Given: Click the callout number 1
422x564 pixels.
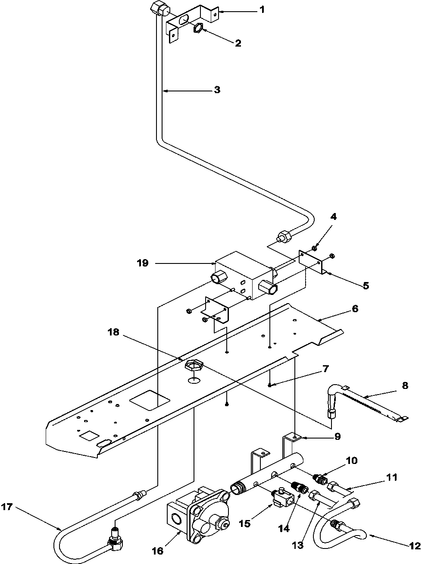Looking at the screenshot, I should pyautogui.click(x=262, y=10).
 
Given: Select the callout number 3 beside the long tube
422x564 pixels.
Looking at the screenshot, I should pyautogui.click(x=217, y=90).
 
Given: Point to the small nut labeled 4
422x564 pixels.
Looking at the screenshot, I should pyautogui.click(x=315, y=248).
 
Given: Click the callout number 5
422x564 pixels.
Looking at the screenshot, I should pyautogui.click(x=365, y=285).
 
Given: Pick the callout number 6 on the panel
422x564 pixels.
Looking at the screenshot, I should pyautogui.click(x=355, y=309).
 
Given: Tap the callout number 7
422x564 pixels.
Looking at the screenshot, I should pyautogui.click(x=325, y=369).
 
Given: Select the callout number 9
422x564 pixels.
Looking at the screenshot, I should pyautogui.click(x=337, y=436).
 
